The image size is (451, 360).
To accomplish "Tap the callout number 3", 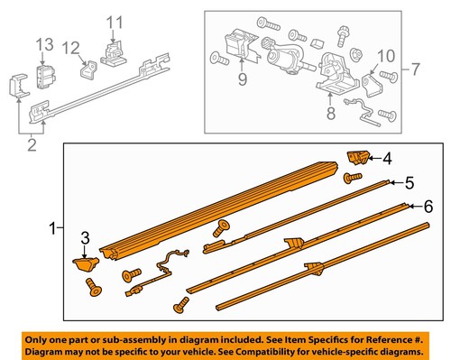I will pyautogui.click(x=87, y=240).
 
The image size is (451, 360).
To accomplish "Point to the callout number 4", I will pyautogui.click(x=387, y=159).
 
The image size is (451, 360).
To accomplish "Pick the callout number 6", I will pyautogui.click(x=428, y=208).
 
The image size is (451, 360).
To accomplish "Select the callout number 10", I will pyautogui.click(x=385, y=56).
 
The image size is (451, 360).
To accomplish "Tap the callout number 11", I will pyautogui.click(x=114, y=21).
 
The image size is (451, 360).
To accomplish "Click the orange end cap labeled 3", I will pyautogui.click(x=87, y=263).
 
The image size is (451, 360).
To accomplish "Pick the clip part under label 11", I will pyautogui.click(x=113, y=57).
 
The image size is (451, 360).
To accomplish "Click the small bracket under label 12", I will pyautogui.click(x=89, y=69).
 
